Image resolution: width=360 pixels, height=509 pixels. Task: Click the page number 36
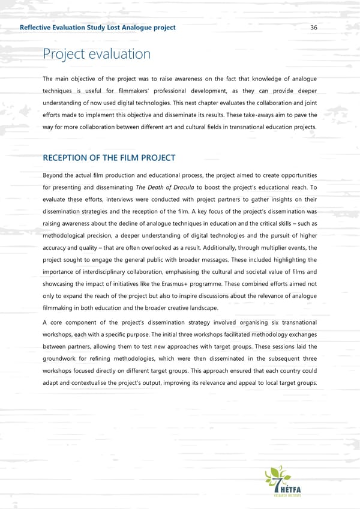[314, 28]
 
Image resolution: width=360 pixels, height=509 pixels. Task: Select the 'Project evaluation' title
[97, 54]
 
